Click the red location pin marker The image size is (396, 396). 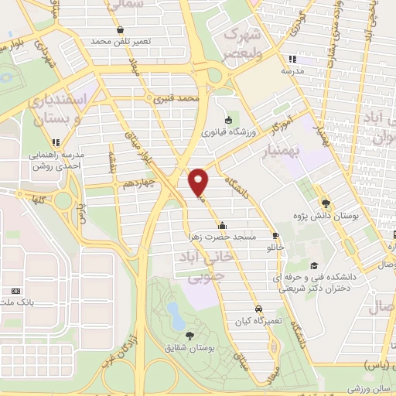pos(200,181)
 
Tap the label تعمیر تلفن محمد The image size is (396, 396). pos(119,40)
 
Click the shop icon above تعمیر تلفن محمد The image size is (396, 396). pos(120,29)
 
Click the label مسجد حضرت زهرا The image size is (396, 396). pos(220,236)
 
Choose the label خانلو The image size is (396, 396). pos(275,247)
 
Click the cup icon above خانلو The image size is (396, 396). pos(275,235)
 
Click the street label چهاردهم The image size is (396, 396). pos(140,183)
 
